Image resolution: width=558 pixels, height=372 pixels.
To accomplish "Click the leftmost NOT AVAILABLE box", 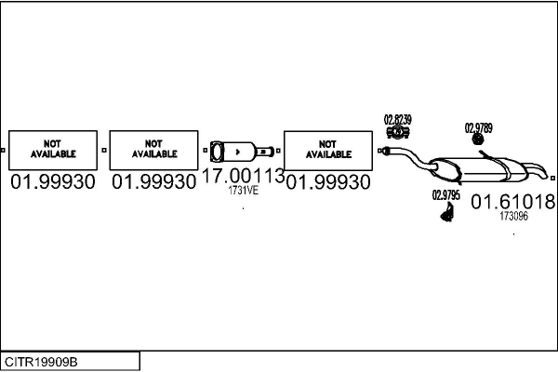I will click(52, 149).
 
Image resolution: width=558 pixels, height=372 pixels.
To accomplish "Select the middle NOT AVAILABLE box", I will click(154, 149).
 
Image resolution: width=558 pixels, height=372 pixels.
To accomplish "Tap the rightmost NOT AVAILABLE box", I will click(327, 149).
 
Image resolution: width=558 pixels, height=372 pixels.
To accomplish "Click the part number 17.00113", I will click(243, 176).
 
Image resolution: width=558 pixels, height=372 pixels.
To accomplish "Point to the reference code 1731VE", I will click(243, 192).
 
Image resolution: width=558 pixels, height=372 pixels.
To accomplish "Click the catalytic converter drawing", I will click(241, 151).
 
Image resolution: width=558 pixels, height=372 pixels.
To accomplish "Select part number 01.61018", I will click(512, 201).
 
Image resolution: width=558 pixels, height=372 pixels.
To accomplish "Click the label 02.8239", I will click(398, 119).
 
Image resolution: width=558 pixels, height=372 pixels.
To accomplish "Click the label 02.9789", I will click(479, 128).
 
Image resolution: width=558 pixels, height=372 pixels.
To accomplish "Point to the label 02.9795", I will click(446, 195).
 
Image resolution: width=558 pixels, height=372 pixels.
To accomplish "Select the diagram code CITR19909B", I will click(42, 361).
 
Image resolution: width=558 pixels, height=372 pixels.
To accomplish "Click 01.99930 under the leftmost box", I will click(53, 182).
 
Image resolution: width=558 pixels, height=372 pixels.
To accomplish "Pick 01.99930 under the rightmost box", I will click(327, 182).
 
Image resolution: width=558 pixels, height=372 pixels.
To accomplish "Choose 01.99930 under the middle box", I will click(154, 182).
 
